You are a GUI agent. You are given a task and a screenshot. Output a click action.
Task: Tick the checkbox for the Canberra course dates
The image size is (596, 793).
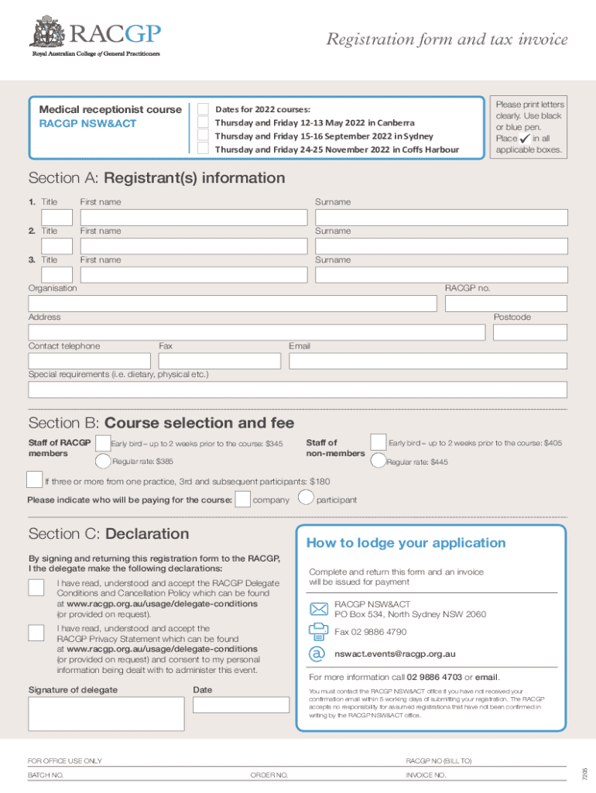coord(203,122)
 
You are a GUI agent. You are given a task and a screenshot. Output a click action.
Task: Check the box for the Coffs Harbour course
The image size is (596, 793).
coord(203,149)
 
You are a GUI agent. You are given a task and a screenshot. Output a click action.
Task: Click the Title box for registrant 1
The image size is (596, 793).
coord(57,218)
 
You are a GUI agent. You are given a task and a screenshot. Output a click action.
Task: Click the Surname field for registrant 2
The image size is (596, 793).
coord(440,246)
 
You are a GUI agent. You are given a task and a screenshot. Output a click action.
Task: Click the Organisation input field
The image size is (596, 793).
coord(232,303)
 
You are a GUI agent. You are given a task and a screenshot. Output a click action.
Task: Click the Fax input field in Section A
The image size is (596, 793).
coord(220,361)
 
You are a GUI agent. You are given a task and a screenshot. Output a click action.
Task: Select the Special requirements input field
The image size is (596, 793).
coord(297,390)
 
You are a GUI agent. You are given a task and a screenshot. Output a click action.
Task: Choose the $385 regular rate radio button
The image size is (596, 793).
coord(103,462)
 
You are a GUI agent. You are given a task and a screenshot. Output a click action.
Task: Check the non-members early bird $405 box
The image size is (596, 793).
coord(378,442)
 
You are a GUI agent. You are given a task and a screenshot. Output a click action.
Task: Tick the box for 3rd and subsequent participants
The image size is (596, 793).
coord(35,480)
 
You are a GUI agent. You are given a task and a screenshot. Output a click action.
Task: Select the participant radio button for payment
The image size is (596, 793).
coord(306,498)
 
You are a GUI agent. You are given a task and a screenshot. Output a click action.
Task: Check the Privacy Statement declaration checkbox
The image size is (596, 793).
coord(36,633)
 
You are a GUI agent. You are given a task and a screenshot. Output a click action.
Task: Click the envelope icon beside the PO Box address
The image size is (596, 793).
coord(318,609)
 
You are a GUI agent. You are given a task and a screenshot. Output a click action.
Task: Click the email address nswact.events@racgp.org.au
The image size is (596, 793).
coord(394,654)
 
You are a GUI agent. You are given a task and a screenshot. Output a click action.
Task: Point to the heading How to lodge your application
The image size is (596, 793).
coord(406,543)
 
